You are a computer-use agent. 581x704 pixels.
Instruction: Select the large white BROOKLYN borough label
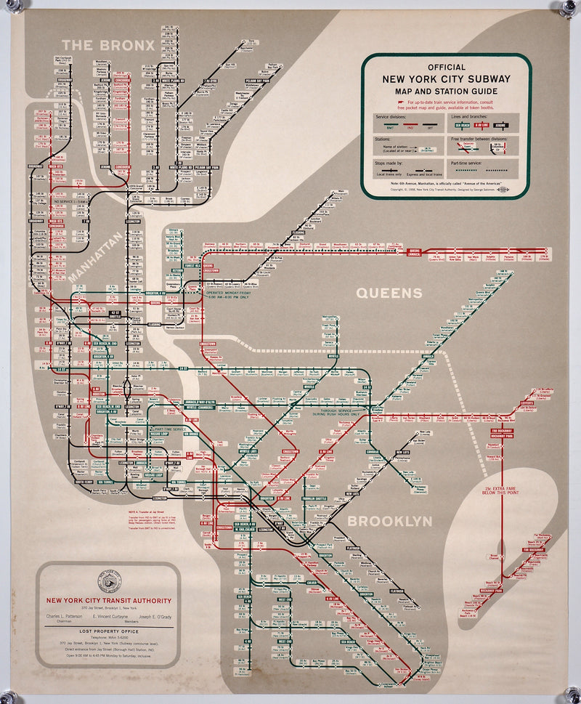click(389, 521)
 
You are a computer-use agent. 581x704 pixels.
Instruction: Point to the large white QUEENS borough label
click(389, 294)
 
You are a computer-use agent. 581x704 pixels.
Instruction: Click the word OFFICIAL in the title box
click(446, 67)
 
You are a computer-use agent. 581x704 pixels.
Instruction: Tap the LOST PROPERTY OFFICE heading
click(108, 632)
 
